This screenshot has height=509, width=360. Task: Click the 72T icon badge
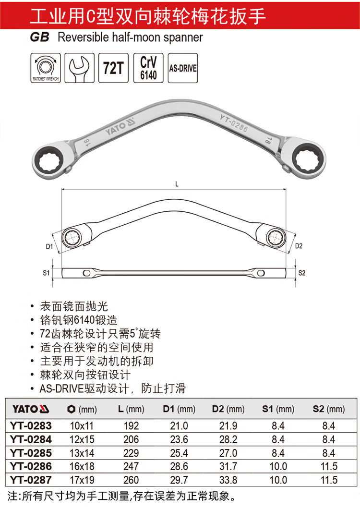click(x=113, y=68)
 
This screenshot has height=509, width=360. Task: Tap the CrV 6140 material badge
click(x=148, y=68)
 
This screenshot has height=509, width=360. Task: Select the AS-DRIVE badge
click(x=183, y=68)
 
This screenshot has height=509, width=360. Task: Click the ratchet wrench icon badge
click(x=46, y=68)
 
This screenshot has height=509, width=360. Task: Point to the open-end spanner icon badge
click(x=80, y=68)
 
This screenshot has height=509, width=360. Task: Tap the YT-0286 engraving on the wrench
click(x=234, y=123)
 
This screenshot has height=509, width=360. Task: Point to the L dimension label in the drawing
click(x=177, y=184)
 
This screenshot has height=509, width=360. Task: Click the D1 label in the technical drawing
click(x=49, y=246)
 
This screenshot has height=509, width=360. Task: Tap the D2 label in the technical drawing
click(x=299, y=246)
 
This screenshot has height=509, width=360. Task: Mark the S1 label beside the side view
click(x=46, y=273)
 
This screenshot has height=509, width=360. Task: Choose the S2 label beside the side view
click(x=302, y=273)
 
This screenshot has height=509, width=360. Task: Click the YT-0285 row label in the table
click(x=31, y=453)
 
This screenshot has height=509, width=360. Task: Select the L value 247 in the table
click(x=131, y=466)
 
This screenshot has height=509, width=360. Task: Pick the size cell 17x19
click(x=82, y=480)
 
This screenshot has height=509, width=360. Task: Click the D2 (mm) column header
click(x=228, y=409)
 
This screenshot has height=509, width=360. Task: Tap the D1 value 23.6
click(x=179, y=439)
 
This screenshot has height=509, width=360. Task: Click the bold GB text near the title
click(x=40, y=37)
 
